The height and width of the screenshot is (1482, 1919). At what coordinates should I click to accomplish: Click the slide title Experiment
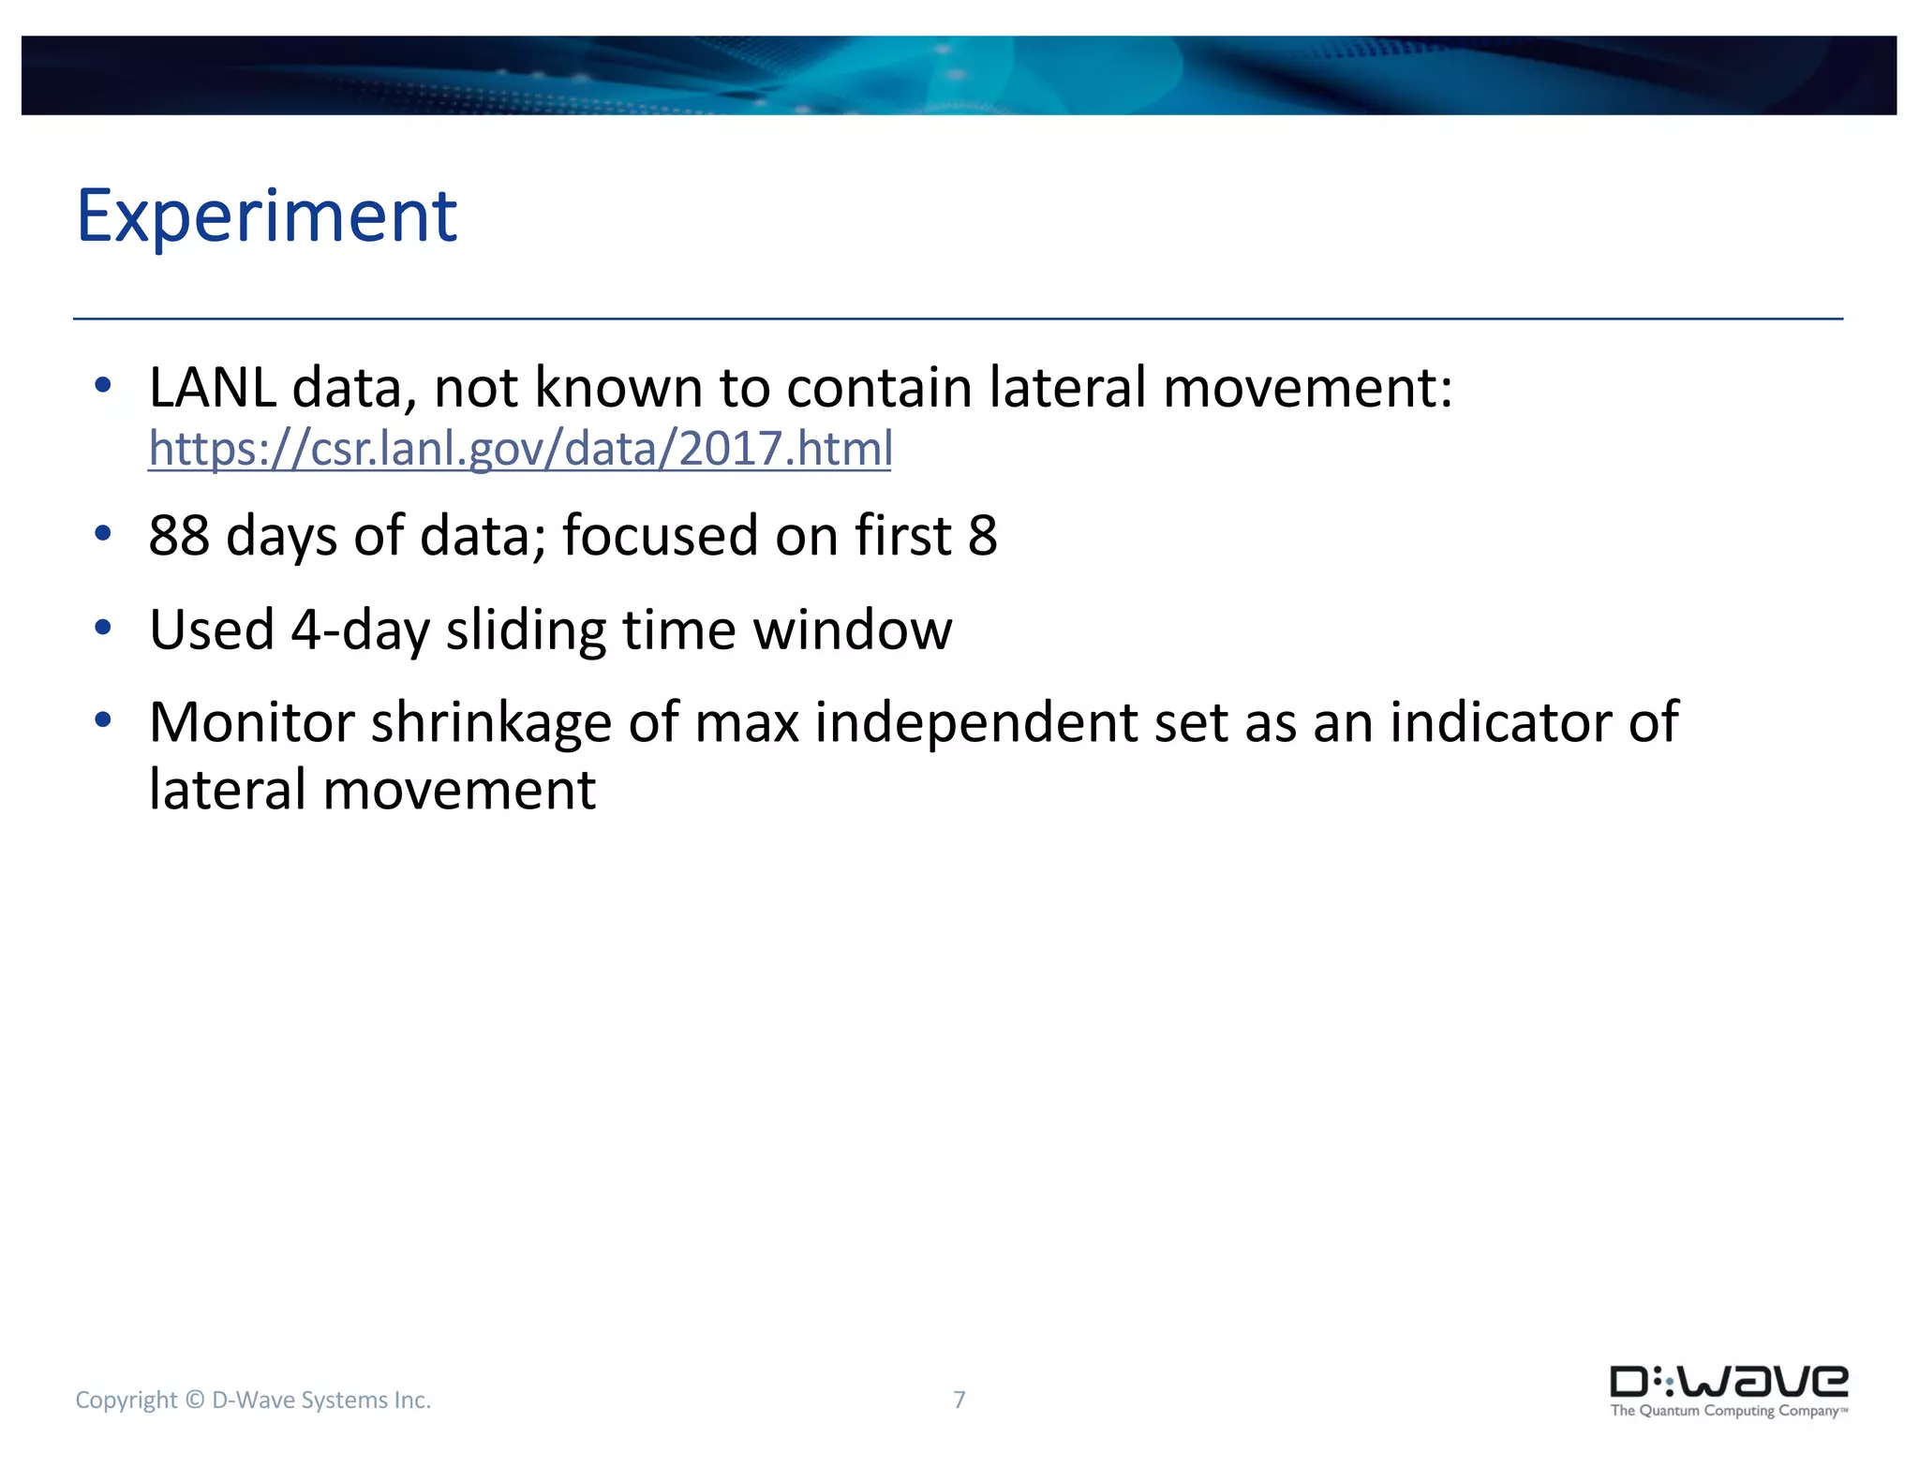(266, 216)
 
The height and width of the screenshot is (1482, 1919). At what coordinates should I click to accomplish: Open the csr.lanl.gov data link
(520, 448)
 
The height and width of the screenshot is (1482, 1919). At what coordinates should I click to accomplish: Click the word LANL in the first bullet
(213, 387)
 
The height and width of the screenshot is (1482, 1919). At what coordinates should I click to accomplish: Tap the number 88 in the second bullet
(179, 535)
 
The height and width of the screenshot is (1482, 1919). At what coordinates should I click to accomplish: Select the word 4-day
(360, 630)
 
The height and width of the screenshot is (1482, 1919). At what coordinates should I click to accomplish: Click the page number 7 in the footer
(959, 1400)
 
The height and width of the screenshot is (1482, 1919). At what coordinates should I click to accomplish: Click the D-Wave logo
(1729, 1381)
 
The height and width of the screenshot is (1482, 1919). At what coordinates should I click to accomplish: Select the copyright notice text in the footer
(253, 1400)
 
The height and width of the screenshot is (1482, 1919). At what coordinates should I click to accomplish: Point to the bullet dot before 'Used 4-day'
(103, 628)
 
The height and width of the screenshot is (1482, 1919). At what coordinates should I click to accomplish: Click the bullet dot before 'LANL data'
(103, 385)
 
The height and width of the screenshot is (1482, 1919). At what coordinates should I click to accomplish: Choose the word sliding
(526, 630)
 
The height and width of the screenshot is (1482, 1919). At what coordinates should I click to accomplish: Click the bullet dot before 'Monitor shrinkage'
(103, 720)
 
